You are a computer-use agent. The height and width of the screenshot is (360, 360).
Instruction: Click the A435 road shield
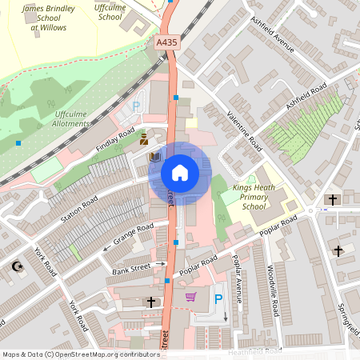(x=166, y=42)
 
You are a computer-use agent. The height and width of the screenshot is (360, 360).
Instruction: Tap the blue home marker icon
(x=179, y=173)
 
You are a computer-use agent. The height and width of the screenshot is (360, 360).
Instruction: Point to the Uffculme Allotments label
(x=71, y=118)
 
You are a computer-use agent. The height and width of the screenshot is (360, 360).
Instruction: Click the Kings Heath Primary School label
(x=254, y=197)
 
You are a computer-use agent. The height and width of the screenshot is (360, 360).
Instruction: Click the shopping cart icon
(x=190, y=298)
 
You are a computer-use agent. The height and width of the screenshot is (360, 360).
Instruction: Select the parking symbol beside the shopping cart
(x=218, y=299)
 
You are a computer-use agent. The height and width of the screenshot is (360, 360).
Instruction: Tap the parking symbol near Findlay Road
(x=136, y=106)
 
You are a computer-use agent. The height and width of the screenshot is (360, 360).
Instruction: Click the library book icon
(x=154, y=157)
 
